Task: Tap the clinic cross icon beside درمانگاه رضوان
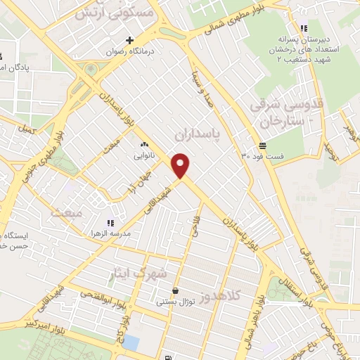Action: click(x=129, y=40)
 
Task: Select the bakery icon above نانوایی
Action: click(x=144, y=145)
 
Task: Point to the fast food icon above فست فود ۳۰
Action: click(x=262, y=146)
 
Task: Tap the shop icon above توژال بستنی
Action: click(x=174, y=291)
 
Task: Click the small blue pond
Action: click(x=131, y=342)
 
